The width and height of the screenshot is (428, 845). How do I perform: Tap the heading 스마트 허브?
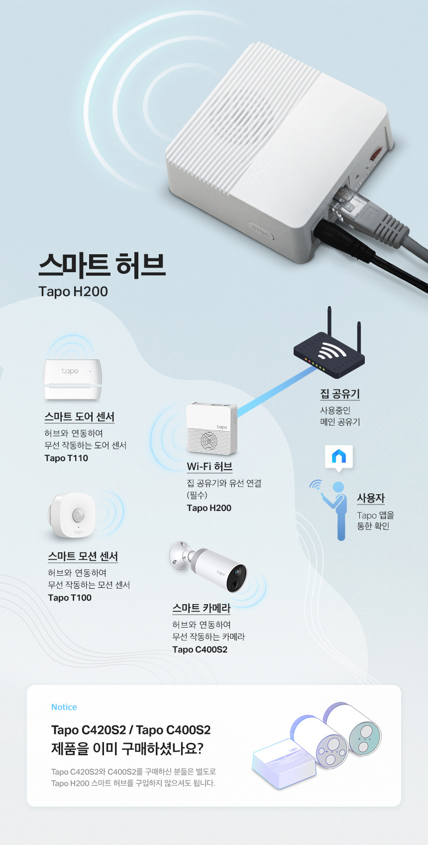click(x=102, y=265)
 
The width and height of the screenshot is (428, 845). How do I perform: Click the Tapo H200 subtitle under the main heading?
click(x=73, y=292)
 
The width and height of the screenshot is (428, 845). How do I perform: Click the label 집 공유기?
click(x=340, y=394)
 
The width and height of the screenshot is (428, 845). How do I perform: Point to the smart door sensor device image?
click(x=73, y=379)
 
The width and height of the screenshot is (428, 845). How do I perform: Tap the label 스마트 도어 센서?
click(x=80, y=417)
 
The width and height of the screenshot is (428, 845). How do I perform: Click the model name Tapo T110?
click(x=66, y=458)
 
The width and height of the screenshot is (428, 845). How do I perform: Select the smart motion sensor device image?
click(x=72, y=514)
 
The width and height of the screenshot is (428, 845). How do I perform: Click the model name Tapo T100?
click(x=70, y=598)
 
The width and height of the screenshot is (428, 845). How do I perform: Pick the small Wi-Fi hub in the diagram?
click(x=212, y=428)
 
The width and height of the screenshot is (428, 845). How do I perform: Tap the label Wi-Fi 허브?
click(x=210, y=467)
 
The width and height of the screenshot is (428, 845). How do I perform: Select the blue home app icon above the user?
click(x=339, y=457)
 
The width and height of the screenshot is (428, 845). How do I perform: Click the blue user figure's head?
click(x=338, y=487)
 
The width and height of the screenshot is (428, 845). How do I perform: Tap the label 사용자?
click(x=371, y=498)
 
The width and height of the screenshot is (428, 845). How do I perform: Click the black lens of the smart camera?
click(x=237, y=578)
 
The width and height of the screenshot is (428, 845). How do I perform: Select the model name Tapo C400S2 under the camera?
click(x=200, y=649)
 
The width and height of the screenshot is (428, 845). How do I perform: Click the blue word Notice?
click(x=64, y=707)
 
